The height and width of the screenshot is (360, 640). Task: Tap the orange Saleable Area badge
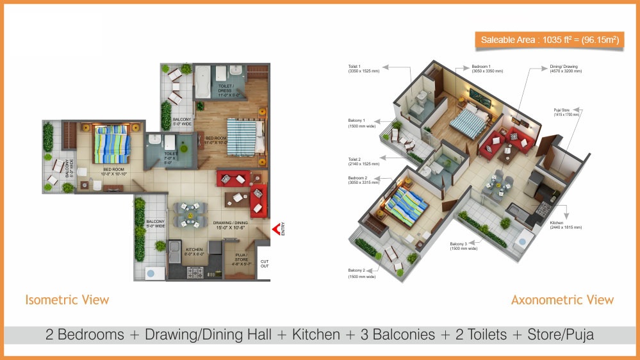(x=550, y=40)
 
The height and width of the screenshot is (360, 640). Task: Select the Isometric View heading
(x=67, y=300)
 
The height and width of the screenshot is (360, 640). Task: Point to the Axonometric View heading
(x=562, y=300)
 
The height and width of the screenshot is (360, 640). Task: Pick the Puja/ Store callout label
(x=566, y=112)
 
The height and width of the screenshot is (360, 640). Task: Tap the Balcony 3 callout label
(x=463, y=246)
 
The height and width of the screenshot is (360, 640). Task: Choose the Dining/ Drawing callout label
(x=565, y=68)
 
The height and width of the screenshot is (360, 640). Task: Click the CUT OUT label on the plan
(x=265, y=264)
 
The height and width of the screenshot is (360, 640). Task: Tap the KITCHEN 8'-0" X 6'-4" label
(x=194, y=252)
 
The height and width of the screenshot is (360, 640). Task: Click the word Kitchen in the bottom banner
(x=316, y=334)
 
